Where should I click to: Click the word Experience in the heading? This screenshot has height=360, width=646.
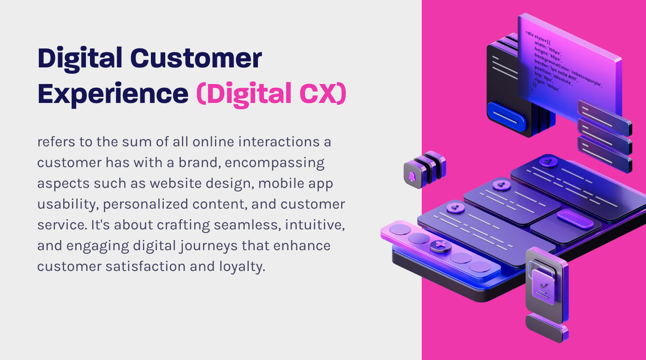[113, 94]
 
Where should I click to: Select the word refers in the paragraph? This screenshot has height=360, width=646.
[56, 142]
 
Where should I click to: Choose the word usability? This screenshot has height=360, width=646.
[66, 204]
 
